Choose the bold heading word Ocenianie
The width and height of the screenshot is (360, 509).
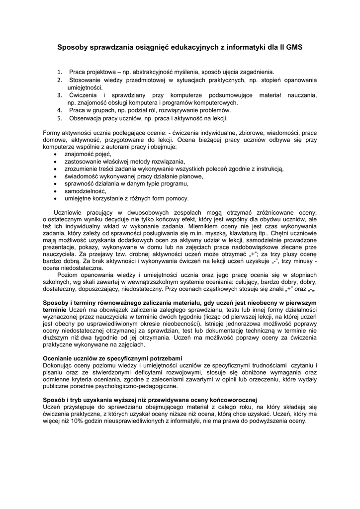click(59, 358)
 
